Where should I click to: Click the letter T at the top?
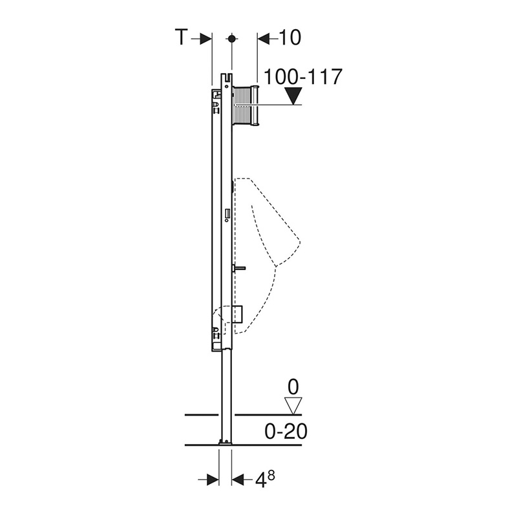[x=182, y=37]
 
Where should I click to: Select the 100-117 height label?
[x=303, y=77]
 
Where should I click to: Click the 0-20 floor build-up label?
[x=286, y=431]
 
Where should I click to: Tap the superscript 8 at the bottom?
[x=271, y=475]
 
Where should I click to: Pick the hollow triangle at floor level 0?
[x=293, y=406]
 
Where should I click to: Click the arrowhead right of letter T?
[x=205, y=39]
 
